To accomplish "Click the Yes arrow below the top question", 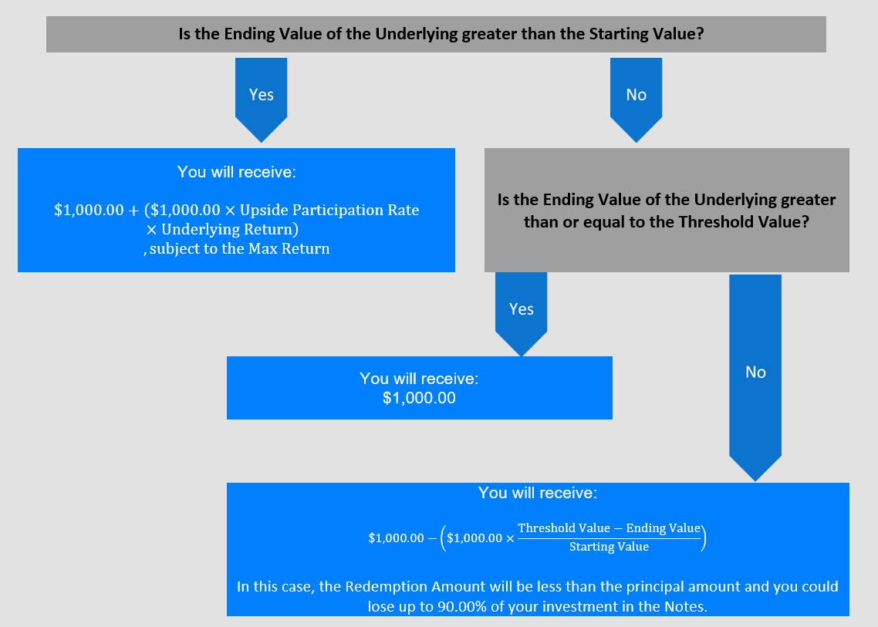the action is point(261,99).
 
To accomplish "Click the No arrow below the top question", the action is point(636,99).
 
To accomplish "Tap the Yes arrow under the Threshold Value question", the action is point(522,314).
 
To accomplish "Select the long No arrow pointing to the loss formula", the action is point(755,377).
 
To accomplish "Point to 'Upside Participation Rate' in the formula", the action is point(329,210).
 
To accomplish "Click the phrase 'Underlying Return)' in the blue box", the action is point(230,230).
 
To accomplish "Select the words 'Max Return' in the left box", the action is point(289,248).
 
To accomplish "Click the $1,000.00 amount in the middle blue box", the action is point(419,398).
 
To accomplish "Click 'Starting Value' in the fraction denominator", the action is point(610,547).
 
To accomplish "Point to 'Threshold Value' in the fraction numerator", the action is point(564,528).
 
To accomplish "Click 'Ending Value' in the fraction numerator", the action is point(663,528).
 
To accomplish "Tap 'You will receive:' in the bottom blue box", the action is point(538,493).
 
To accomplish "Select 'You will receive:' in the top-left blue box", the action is point(236,172).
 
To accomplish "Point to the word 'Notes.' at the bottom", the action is point(686,606).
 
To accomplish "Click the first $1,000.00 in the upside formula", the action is point(89,211).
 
